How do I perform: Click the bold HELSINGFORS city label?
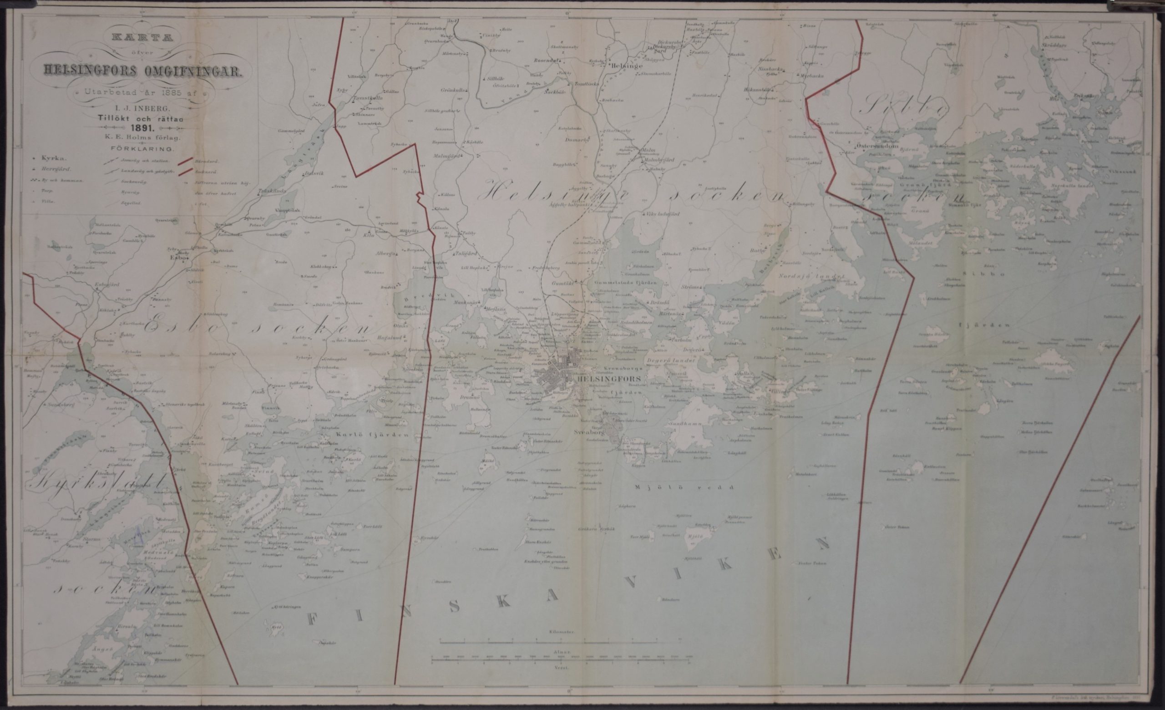(x=606, y=379)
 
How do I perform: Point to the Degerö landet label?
(x=676, y=360)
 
